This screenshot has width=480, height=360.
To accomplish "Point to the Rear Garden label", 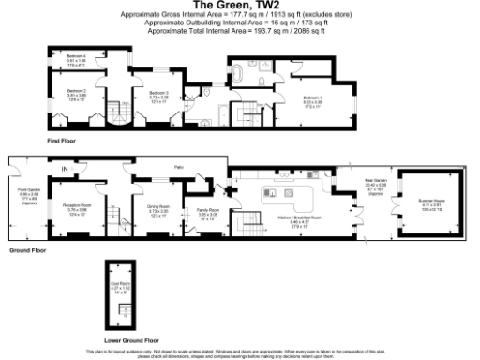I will coord(375,184).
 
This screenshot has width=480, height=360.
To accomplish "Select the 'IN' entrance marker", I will coord(65,168).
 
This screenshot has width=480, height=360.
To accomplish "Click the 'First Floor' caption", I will coord(61,140).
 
